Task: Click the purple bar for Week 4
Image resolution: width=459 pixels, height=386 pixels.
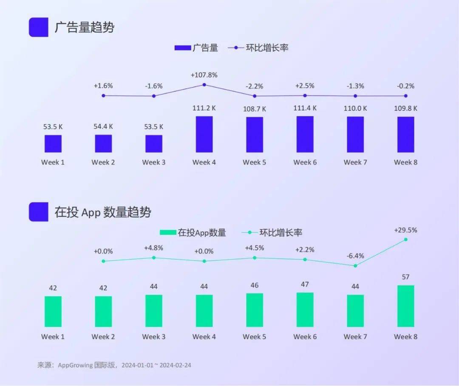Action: (204, 134)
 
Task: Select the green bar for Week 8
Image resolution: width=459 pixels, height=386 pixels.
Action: (405, 306)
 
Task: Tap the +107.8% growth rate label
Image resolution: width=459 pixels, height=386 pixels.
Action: (204, 75)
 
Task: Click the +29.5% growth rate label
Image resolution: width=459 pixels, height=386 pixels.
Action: (405, 230)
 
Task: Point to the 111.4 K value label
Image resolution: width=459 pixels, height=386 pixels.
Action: (305, 108)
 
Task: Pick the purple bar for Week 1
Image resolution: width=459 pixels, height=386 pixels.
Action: (53, 144)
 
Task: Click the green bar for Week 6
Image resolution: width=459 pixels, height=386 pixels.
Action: (305, 310)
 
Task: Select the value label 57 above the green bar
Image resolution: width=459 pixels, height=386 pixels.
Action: (405, 277)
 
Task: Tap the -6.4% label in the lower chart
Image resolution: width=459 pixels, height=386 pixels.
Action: (355, 256)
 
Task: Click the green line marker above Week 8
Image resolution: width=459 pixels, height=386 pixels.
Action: (405, 239)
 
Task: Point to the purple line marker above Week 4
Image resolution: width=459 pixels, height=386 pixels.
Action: (204, 85)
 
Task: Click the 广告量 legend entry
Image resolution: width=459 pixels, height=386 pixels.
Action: (196, 48)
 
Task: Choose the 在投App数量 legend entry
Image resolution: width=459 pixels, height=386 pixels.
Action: (193, 232)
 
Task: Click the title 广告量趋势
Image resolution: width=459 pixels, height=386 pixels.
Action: (84, 28)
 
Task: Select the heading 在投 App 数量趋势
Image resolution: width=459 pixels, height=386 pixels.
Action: (102, 212)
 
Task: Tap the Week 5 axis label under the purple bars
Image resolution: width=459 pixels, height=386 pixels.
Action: (254, 162)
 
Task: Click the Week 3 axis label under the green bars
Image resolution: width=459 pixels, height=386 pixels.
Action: (153, 337)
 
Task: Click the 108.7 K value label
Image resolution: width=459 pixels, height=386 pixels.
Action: (254, 109)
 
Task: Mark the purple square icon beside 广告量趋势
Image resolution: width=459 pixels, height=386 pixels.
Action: (38, 27)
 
